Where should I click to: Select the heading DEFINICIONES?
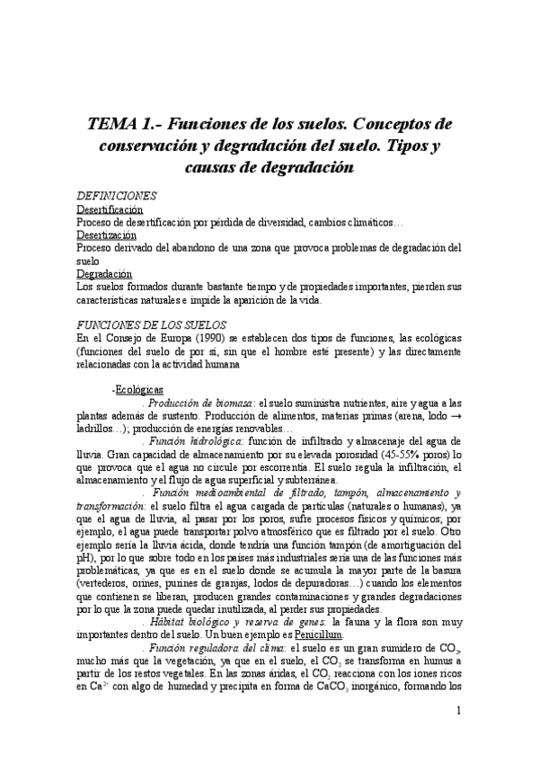pyautogui.click(x=117, y=196)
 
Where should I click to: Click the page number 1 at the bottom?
pyautogui.click(x=458, y=712)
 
